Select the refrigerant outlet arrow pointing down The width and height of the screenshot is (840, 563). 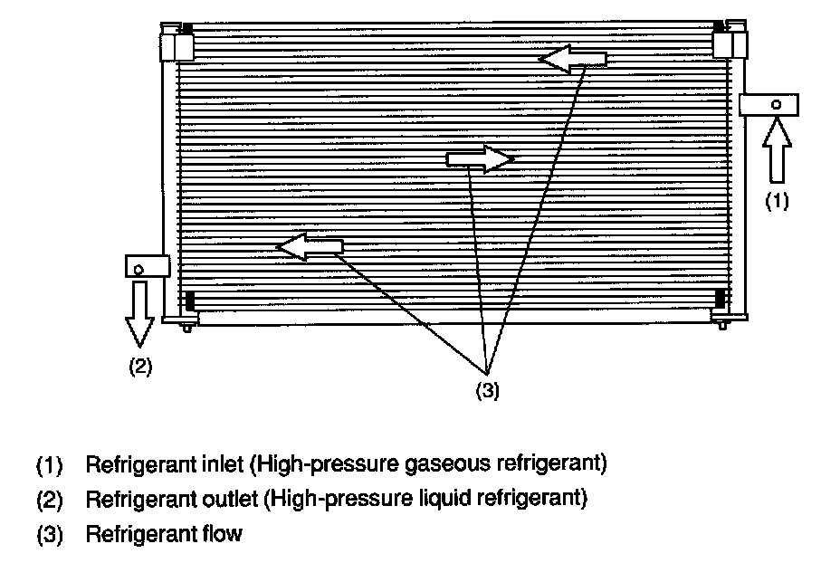coord(140,312)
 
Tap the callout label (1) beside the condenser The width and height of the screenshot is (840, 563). coord(778,202)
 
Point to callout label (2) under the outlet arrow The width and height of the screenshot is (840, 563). coord(139,367)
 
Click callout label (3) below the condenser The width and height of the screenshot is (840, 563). coord(487,390)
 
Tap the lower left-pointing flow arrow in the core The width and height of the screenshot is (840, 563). coord(310,246)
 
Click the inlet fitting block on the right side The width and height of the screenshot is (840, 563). coord(769,104)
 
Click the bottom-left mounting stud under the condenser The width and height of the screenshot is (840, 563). coord(186,326)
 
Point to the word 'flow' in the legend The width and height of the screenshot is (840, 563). coord(223,533)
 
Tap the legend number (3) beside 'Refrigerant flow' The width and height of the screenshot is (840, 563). coord(49,534)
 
